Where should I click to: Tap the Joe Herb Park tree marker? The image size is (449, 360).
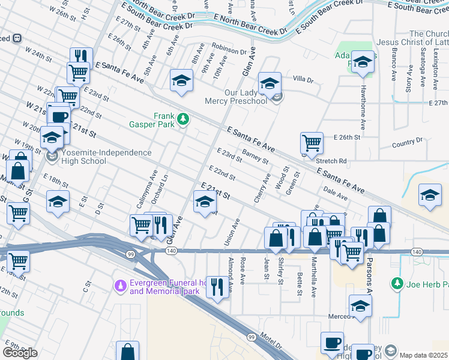396,282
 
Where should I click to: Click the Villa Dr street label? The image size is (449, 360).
303,79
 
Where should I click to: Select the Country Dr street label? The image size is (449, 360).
406,142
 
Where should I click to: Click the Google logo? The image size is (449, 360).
19,353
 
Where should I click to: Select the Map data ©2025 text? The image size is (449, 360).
424,355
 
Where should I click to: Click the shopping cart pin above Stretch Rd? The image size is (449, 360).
312,143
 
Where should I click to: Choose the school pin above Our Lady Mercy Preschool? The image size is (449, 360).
270,83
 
